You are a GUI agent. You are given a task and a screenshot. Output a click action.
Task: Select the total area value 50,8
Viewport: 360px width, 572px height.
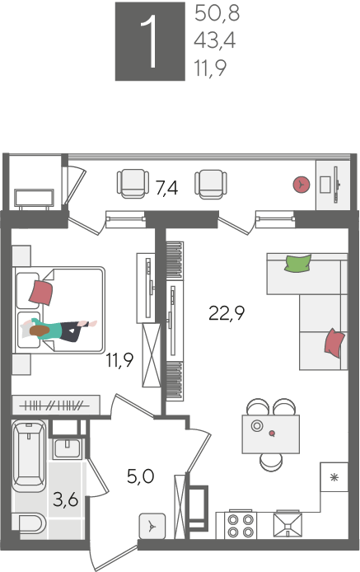[x=217, y=13]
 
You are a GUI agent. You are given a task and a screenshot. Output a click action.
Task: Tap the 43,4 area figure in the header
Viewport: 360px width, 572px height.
[x=215, y=40]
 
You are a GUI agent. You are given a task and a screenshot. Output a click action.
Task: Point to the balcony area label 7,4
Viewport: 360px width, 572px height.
[x=166, y=188]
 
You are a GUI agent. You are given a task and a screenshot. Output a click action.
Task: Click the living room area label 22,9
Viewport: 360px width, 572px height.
[x=227, y=313]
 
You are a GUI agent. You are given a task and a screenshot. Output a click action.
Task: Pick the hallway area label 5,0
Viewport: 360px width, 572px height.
[x=141, y=476]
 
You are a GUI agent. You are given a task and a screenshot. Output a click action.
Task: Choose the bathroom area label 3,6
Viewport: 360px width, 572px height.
[x=66, y=499]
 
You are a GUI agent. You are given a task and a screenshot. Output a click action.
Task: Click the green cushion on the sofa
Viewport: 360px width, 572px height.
[x=298, y=264]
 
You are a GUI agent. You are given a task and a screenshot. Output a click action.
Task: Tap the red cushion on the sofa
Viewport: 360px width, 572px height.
[x=334, y=343]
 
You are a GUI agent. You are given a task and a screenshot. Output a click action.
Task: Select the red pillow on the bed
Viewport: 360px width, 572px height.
[x=41, y=293]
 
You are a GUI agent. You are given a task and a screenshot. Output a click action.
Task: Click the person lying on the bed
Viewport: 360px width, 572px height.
[x=58, y=330]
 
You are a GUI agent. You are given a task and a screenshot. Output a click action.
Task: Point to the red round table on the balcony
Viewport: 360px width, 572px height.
[x=302, y=185]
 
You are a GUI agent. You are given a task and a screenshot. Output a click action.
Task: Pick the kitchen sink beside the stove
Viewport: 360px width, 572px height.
[x=288, y=524]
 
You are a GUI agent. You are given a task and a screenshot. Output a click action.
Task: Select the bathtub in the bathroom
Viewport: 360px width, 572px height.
[x=29, y=456]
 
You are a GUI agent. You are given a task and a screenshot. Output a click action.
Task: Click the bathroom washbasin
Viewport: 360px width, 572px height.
[x=67, y=448]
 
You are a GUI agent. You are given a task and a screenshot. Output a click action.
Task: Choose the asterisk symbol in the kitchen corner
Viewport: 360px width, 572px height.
[x=334, y=477]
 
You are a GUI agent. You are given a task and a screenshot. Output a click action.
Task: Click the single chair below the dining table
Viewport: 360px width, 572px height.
[x=271, y=462]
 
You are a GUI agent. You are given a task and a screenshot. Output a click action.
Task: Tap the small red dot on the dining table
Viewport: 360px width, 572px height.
[x=272, y=434]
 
